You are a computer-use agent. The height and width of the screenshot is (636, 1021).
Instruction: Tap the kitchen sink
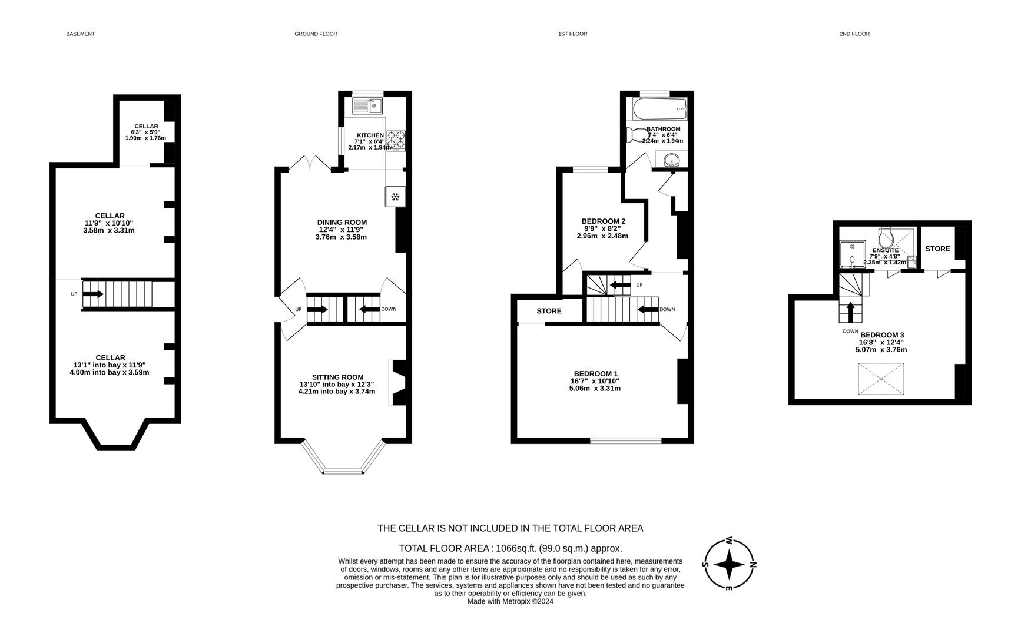[x=367, y=106]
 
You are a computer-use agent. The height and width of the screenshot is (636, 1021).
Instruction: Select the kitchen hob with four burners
[x=396, y=140]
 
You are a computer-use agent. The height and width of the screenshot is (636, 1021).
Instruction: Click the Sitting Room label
[x=338, y=377]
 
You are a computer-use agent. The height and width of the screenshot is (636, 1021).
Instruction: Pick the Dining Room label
[x=342, y=222]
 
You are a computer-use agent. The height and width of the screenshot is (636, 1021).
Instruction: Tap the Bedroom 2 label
[x=603, y=221]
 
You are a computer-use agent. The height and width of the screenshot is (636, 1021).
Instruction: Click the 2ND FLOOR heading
[x=854, y=34]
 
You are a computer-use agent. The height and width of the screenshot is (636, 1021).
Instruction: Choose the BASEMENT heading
[x=80, y=34]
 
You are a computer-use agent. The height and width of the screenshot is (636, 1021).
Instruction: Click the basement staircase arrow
[x=93, y=293]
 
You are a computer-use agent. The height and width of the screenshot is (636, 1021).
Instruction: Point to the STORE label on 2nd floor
[x=937, y=249]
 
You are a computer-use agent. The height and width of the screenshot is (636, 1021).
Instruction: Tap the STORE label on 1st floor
[x=549, y=310]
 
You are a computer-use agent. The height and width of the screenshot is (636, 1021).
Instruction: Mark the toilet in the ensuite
[x=886, y=238]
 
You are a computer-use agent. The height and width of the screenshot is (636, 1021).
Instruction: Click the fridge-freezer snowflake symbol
[x=396, y=196]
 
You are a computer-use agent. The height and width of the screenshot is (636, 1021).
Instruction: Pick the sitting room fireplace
[x=397, y=382]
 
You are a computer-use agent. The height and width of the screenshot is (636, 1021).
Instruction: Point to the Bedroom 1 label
[x=596, y=373]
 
